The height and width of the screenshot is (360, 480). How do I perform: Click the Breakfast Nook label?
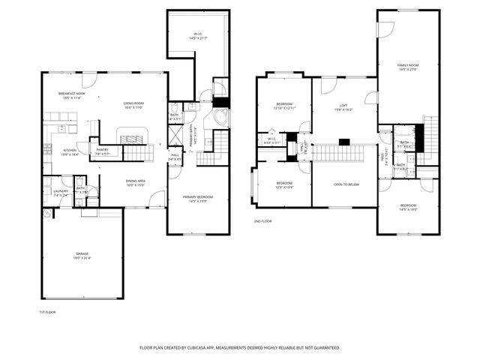[72, 94]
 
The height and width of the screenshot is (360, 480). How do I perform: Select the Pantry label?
[103, 149]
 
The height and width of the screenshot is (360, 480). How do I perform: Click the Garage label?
[82, 254]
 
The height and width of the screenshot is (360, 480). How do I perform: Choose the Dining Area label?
[135, 181]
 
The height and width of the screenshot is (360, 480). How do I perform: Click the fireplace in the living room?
[133, 139]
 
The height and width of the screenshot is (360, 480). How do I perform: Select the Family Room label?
[407, 66]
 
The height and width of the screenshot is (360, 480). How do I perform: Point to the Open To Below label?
[345, 184]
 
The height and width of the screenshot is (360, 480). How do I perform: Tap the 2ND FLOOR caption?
[262, 222]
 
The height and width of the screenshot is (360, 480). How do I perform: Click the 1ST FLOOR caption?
[47, 311]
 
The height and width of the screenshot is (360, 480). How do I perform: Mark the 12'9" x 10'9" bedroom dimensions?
[283, 187]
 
